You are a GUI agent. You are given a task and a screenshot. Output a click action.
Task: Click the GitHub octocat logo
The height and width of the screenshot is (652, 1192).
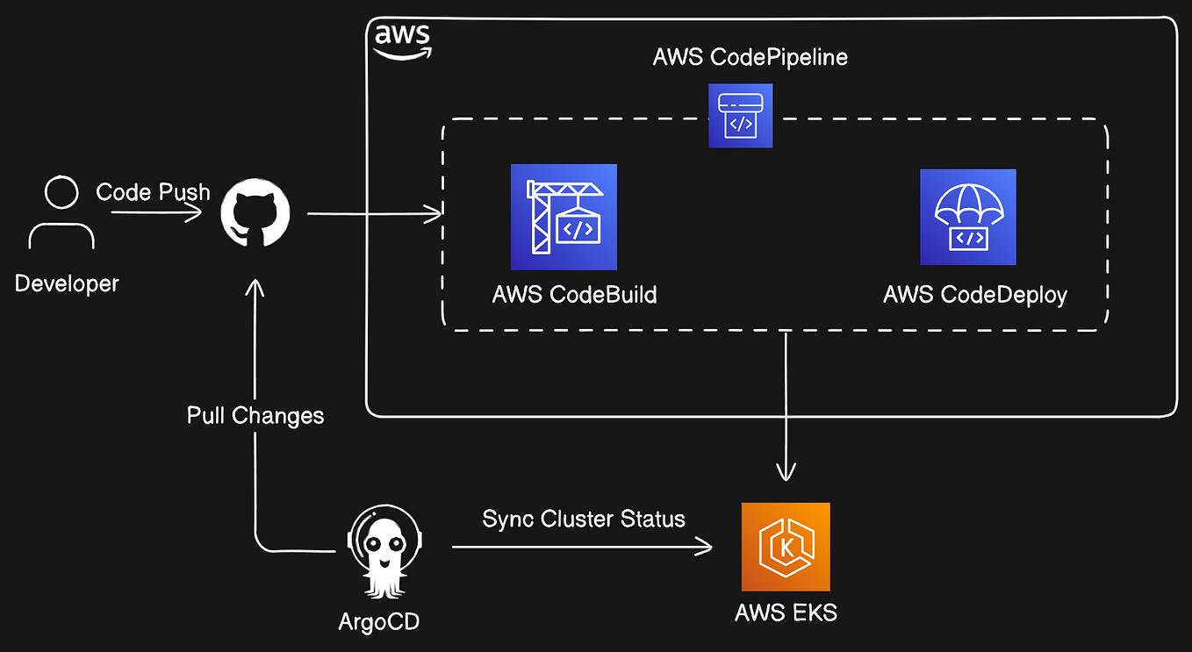[255, 212]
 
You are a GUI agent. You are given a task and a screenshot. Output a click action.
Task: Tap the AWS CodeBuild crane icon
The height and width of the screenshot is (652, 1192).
[564, 217]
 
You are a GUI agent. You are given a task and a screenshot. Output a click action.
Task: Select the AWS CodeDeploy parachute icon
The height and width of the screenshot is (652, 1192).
[968, 217]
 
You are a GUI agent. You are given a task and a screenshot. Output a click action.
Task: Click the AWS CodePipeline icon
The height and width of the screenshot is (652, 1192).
[740, 116]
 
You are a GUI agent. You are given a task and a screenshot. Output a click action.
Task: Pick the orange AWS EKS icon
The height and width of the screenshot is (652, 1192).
[786, 547]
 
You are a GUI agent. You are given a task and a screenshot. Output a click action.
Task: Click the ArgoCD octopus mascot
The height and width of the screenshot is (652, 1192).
[384, 551]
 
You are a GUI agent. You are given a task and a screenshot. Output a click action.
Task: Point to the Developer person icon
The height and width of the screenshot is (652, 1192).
[61, 212]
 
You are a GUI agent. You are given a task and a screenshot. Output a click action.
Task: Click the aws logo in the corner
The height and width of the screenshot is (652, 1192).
[402, 41]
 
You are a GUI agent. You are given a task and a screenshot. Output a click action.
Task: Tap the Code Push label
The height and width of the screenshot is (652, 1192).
[153, 192]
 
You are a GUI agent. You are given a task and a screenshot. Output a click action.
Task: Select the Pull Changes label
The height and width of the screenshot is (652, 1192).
[255, 415]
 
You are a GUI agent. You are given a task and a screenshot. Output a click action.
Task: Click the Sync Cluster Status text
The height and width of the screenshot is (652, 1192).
[584, 519]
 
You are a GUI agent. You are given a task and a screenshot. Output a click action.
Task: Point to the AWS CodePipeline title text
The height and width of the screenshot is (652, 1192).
[750, 57]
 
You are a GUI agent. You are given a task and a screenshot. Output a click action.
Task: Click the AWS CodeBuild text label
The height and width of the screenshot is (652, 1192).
[575, 295]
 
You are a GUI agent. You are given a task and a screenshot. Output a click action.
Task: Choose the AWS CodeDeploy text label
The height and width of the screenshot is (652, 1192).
[975, 295]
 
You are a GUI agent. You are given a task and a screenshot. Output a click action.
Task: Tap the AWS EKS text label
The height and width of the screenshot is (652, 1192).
[786, 613]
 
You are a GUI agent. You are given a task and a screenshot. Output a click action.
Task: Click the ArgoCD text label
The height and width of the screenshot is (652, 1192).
[379, 621]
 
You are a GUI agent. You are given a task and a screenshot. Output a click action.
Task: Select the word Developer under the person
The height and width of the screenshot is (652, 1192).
[67, 283]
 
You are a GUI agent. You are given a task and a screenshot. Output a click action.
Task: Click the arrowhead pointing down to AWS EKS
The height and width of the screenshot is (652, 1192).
[786, 472]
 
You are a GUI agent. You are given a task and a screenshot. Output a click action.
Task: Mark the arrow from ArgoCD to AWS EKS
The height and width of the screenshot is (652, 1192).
[582, 547]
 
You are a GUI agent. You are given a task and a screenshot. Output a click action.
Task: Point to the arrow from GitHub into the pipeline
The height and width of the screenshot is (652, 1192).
[375, 214]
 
